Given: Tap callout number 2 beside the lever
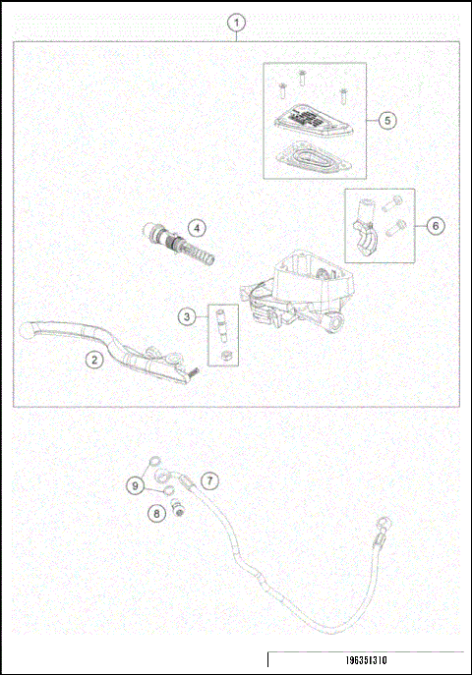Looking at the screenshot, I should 93,360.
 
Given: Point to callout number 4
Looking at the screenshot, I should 197,228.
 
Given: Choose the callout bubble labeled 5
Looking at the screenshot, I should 387,119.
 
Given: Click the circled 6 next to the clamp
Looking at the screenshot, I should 436,225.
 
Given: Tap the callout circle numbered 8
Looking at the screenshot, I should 155,512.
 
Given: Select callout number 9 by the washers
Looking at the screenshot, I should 135,484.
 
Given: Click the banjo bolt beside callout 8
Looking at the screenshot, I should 178,508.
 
